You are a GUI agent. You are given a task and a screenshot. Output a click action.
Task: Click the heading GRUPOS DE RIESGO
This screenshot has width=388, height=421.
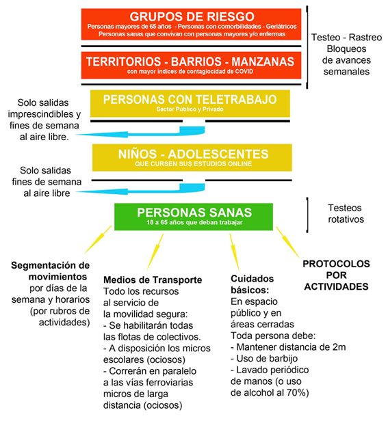192,16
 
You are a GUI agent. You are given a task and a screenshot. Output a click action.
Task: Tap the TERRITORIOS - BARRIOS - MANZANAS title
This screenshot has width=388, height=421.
190,62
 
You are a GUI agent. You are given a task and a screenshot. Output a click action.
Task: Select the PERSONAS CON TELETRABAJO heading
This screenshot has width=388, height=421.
190,100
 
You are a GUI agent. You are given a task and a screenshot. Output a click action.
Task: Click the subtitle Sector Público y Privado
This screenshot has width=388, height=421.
190,109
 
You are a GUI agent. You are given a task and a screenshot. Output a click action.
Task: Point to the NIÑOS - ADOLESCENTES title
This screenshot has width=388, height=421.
194,154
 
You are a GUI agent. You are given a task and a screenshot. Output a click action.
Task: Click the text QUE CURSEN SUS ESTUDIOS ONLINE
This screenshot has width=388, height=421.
194,164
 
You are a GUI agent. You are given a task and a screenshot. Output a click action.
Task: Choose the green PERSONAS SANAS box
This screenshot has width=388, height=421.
194,217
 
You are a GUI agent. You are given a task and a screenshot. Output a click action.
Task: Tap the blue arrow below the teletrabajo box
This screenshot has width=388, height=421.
140,133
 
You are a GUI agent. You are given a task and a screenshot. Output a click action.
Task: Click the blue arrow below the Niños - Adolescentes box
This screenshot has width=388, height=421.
140,189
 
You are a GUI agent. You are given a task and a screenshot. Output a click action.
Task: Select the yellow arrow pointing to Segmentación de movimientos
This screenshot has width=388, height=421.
98,240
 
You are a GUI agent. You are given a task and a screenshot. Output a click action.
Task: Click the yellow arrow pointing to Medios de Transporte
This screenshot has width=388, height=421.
155,252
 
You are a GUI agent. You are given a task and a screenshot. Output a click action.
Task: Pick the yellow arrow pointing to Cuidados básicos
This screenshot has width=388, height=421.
234,252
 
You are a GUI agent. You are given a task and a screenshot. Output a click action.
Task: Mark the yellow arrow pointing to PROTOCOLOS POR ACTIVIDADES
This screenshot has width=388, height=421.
288,243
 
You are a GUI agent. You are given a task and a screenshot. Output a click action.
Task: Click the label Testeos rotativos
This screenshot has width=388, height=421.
346,214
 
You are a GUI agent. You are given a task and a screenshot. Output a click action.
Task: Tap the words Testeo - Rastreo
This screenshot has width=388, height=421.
346,38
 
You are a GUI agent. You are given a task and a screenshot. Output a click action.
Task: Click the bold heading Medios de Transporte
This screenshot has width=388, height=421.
153,280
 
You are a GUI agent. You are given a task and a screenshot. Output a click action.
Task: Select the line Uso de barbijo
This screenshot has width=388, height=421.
264,358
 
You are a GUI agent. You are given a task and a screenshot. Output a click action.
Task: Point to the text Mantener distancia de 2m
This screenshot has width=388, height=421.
288,347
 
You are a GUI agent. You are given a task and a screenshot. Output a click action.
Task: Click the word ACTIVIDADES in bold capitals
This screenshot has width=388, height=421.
337,287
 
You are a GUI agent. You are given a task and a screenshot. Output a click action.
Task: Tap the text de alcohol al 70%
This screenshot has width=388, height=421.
270,393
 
